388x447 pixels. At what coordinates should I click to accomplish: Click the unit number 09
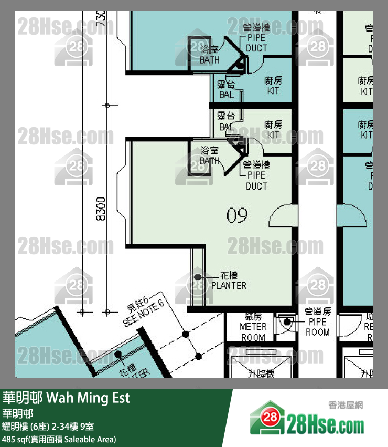[x=237, y=215]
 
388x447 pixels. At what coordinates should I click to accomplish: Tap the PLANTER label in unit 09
[x=229, y=286]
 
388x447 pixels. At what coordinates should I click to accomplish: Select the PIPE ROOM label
[x=318, y=327]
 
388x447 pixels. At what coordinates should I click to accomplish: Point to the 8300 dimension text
[x=102, y=210]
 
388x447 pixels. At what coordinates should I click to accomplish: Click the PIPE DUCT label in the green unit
[x=256, y=180]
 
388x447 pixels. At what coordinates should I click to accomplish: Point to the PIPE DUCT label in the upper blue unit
[x=256, y=43]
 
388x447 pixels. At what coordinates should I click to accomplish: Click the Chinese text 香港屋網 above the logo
[x=346, y=404]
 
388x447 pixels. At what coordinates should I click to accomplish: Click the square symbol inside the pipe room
[x=287, y=322]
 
